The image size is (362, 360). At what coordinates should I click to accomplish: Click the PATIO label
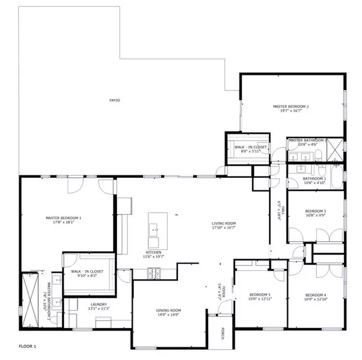click(x=114, y=100)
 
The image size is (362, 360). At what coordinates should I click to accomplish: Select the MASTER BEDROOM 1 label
click(x=63, y=218)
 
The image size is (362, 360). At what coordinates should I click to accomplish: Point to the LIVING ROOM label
click(x=223, y=223)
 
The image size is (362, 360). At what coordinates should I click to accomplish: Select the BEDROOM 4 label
click(x=316, y=295)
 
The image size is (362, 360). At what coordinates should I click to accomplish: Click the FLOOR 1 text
click(x=28, y=347)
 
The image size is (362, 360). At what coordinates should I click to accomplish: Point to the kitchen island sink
click(x=154, y=229)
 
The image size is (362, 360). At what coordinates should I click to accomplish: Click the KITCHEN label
click(x=153, y=253)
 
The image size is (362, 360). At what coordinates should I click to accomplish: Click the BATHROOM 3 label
click(x=314, y=178)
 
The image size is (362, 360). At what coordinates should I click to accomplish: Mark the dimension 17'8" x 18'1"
click(x=63, y=223)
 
